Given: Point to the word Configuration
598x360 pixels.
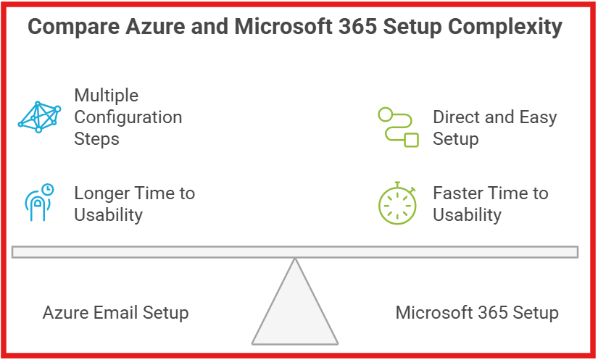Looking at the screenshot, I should point(128,117).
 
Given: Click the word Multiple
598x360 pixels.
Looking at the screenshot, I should point(106,95).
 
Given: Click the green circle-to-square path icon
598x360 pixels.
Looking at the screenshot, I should point(398,127).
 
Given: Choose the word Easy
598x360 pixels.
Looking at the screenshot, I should point(538,117).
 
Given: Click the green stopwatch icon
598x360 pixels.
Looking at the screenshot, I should point(397,204).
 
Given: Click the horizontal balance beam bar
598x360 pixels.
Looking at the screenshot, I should point(295,251).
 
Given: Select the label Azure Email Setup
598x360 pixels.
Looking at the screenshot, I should point(115,313).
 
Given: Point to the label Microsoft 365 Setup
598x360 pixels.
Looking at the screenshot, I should point(476,313).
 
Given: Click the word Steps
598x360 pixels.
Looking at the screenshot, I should point(96,138).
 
